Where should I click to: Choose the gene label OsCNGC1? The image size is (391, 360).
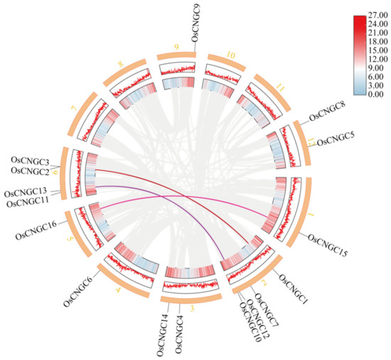[291, 286]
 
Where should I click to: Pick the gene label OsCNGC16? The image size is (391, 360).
[34, 231]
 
